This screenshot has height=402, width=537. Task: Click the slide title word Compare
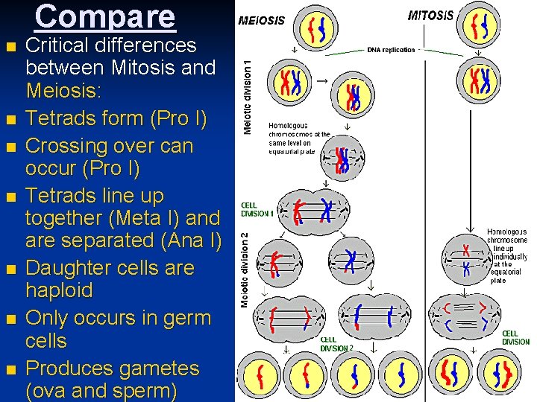point(105,16)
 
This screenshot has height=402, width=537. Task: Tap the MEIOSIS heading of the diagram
point(261,20)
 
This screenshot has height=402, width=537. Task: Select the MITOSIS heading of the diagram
point(430,16)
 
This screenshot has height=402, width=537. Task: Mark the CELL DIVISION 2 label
point(336,343)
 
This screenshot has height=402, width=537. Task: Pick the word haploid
point(59,290)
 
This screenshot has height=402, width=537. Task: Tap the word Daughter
point(66,267)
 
